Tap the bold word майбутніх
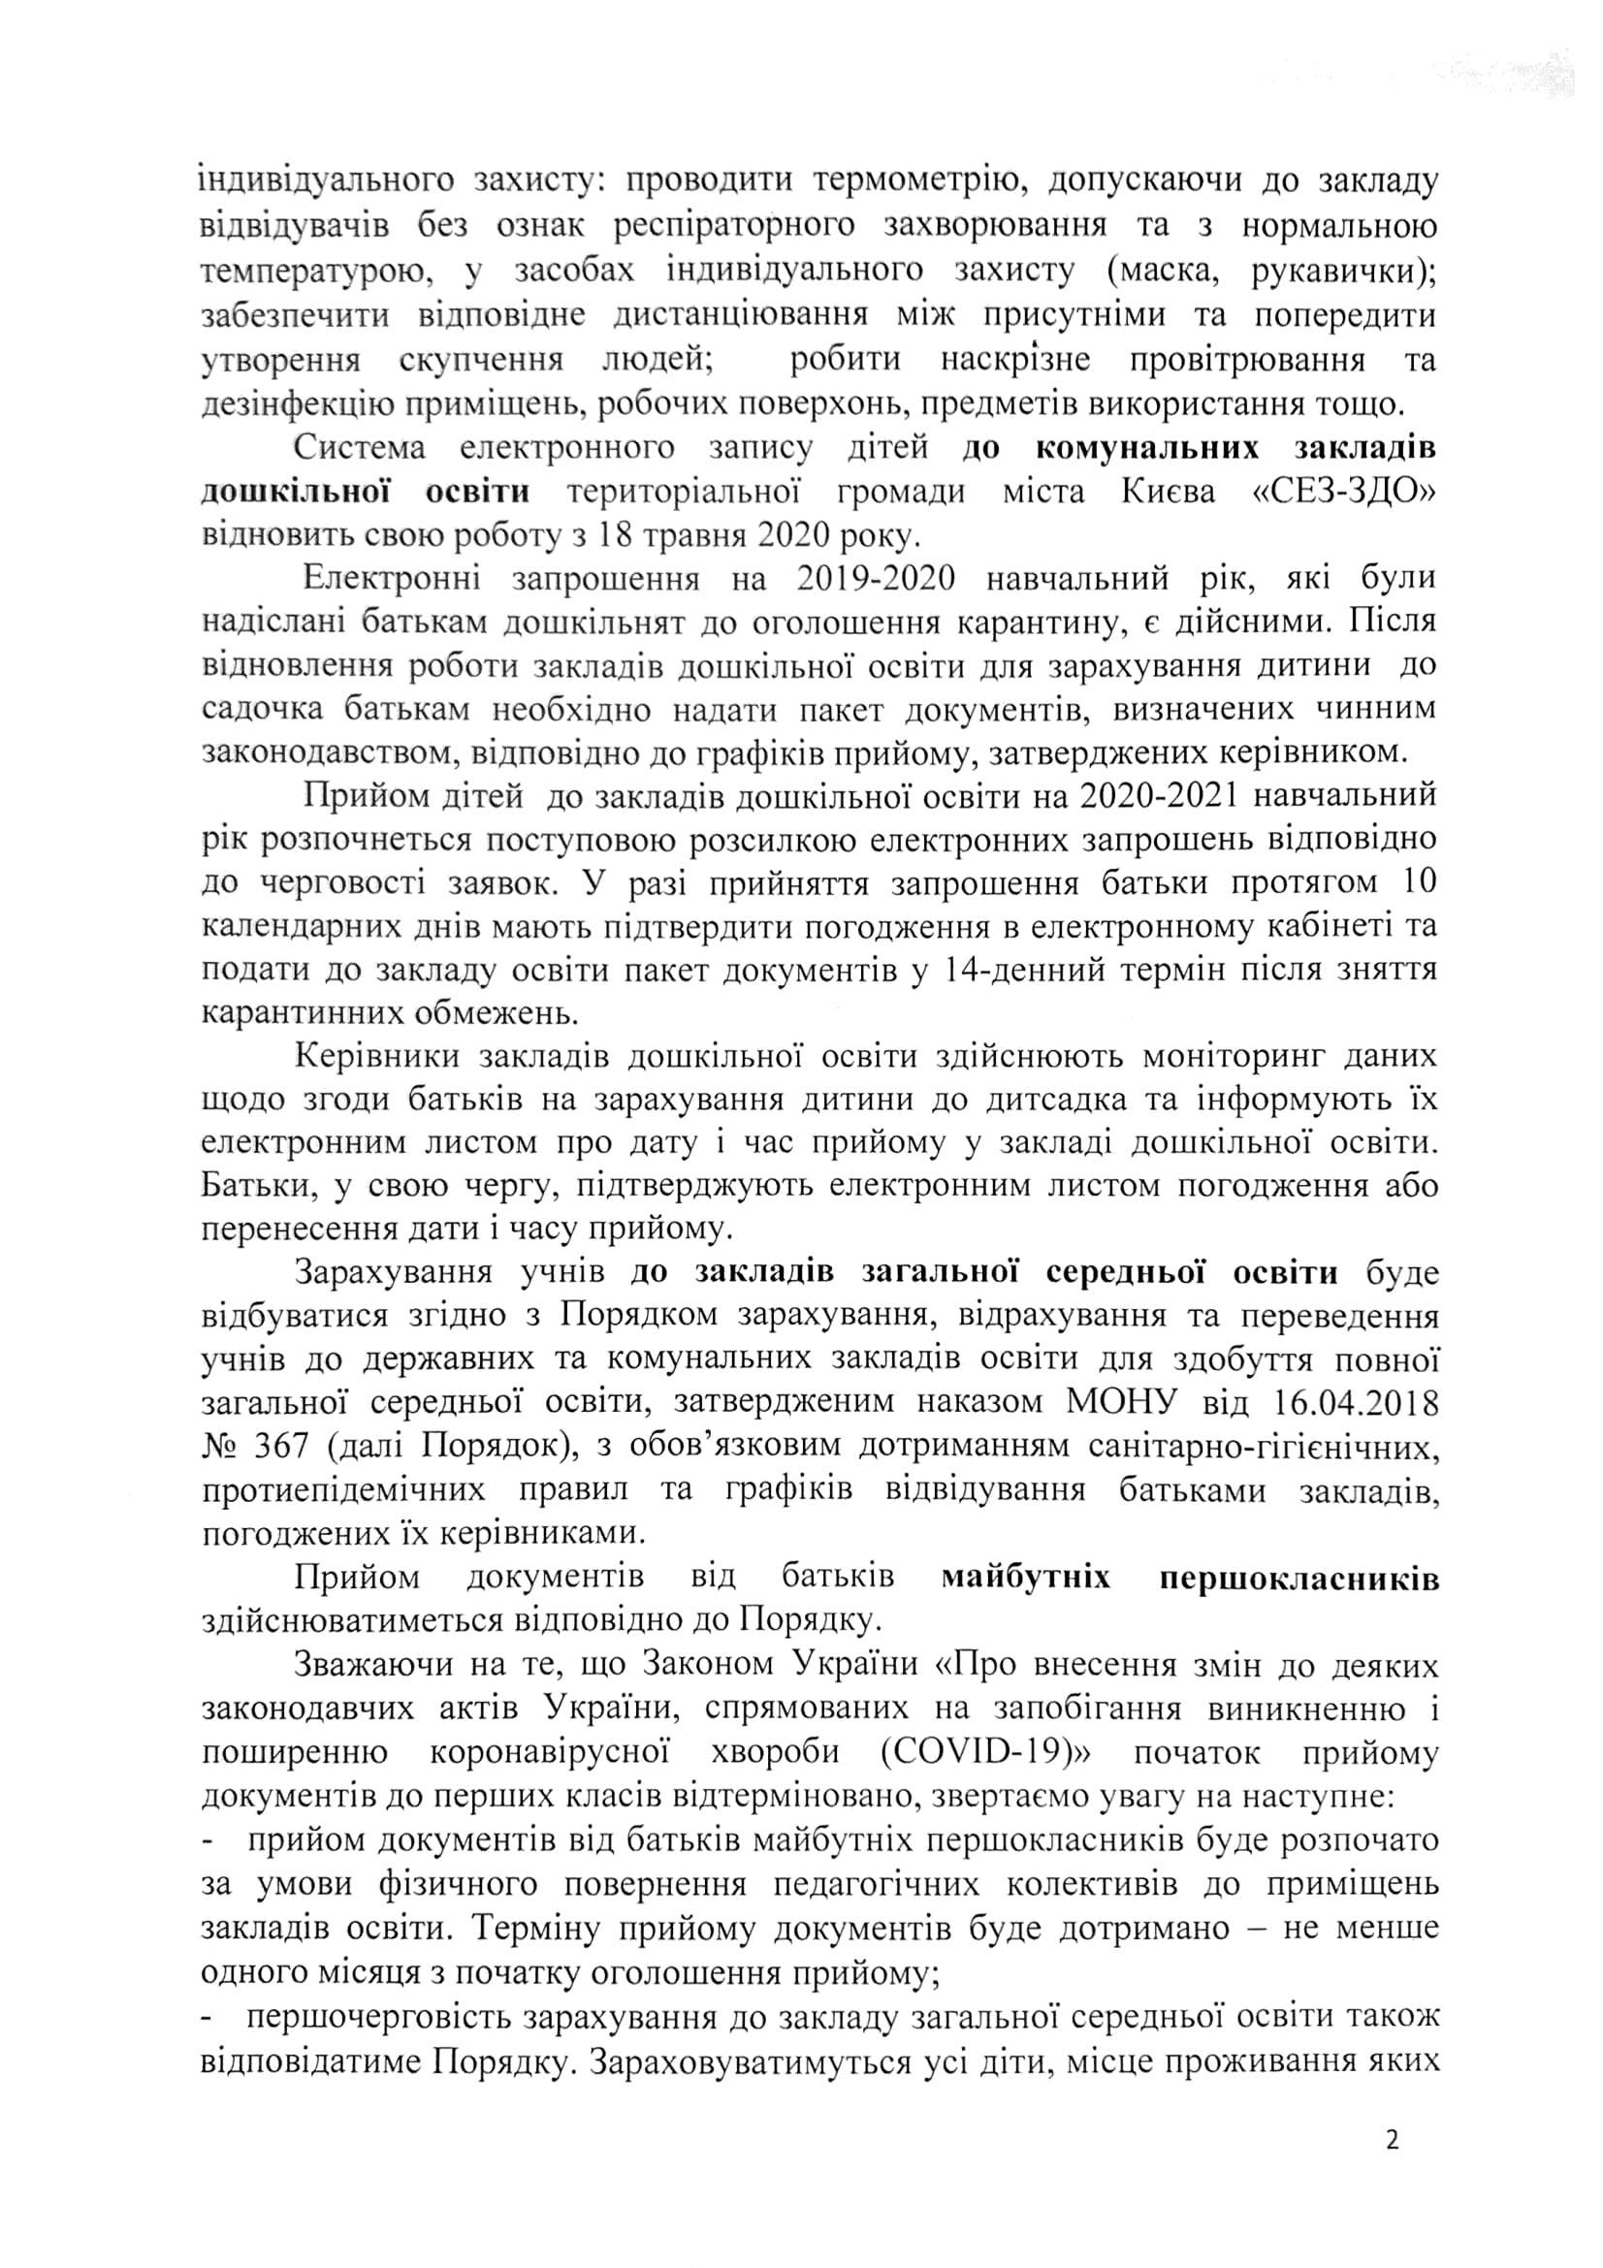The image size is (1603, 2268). (1027, 1577)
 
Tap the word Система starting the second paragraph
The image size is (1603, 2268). (361, 447)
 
